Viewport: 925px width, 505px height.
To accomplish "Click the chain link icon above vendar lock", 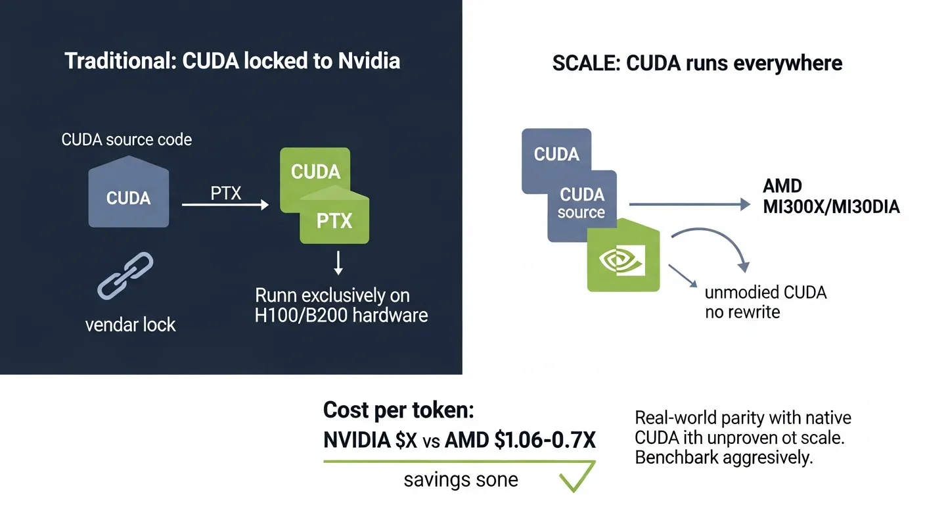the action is [x=125, y=276].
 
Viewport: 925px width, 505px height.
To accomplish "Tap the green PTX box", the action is [x=334, y=215].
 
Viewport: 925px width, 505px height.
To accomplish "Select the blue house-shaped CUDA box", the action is [x=128, y=192].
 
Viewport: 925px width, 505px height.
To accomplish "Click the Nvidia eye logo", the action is [x=622, y=260].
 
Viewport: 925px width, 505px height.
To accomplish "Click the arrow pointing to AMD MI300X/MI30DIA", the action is [x=690, y=204].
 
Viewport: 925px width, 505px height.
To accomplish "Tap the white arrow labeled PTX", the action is [x=225, y=204].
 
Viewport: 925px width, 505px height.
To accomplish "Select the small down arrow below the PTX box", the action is [x=338, y=263].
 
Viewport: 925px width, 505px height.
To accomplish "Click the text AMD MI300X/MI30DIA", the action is [x=831, y=197].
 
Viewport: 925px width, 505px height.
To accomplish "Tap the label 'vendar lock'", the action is [x=131, y=325].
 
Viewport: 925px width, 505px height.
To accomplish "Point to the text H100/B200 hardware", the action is [x=341, y=316].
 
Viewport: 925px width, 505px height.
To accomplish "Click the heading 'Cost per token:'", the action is [x=399, y=410].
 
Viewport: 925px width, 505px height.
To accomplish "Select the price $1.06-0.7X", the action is [x=545, y=440].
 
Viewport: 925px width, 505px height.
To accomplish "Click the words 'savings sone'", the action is [x=461, y=480].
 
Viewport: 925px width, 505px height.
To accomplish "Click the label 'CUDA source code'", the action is [x=126, y=139].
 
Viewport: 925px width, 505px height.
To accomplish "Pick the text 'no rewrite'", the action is [x=742, y=312].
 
